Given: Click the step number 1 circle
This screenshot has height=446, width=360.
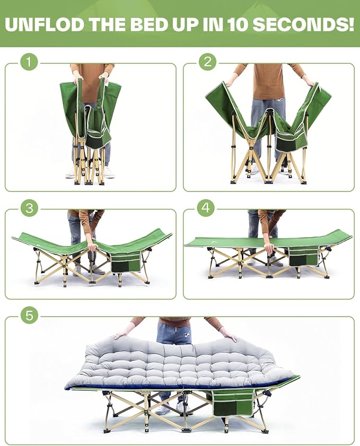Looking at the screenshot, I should point(29,62).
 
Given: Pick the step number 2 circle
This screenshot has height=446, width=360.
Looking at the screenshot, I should point(207,62).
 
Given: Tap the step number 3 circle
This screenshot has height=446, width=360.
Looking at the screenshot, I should point(29,207).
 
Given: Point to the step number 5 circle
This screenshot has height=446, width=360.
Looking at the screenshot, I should point(29,316).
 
